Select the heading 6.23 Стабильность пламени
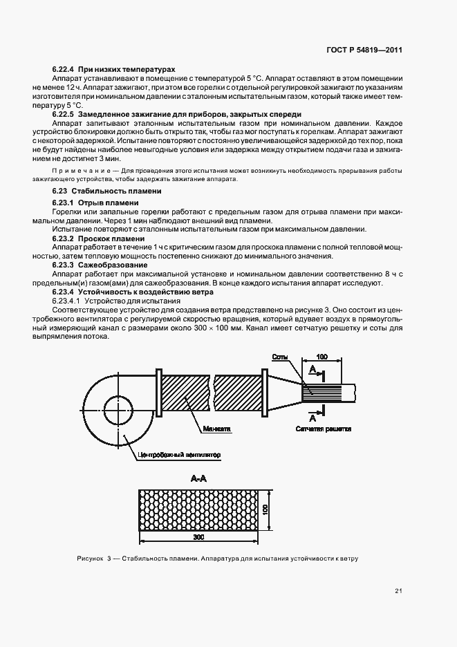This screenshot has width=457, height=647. pyautogui.click(x=106, y=190)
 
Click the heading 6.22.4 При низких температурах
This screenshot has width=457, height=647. pyautogui.click(x=113, y=70)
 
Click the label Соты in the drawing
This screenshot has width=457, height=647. pyautogui.click(x=280, y=357)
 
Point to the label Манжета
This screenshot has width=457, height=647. pyautogui.click(x=216, y=429)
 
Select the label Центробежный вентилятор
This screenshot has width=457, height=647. pyautogui.click(x=178, y=455)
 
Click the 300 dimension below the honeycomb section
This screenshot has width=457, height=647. pyautogui.click(x=200, y=537)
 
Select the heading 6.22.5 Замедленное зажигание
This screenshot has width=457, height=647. pyautogui.click(x=177, y=113)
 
